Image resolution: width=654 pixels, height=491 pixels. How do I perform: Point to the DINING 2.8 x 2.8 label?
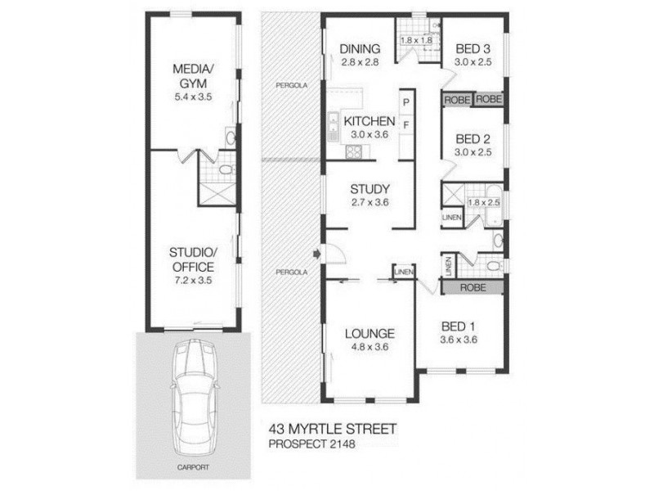coord(360,55)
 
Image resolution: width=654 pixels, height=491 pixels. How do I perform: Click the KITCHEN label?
coord(368,128)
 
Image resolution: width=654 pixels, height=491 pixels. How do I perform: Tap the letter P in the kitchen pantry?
coord(405,102)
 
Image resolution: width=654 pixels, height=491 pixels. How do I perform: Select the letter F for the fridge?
coord(405,124)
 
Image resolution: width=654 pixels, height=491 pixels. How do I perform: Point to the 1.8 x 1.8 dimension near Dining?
coord(416,40)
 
